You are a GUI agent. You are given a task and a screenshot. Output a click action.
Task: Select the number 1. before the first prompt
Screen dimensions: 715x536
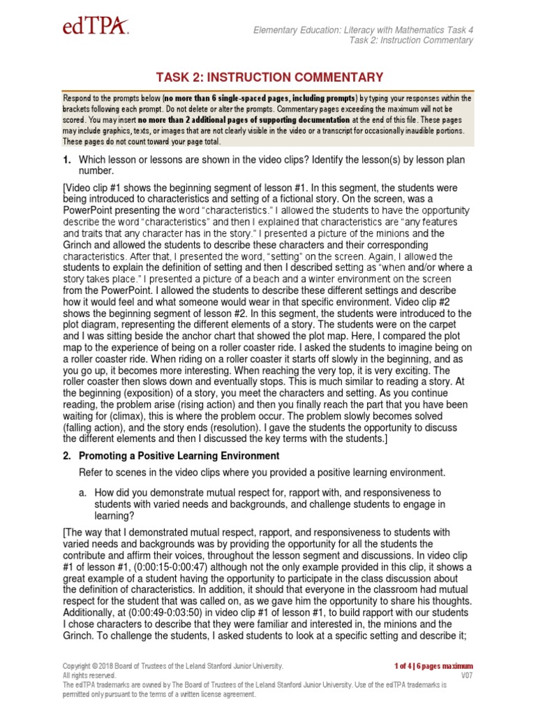[x=68, y=161]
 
